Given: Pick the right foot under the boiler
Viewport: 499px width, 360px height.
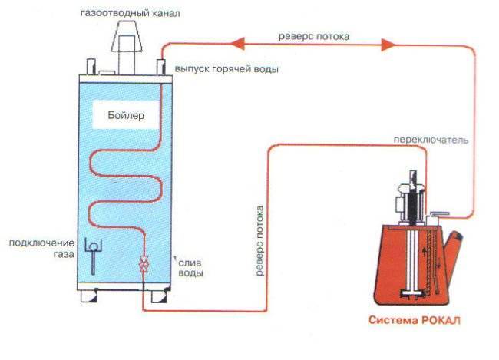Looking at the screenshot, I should click(x=160, y=293).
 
